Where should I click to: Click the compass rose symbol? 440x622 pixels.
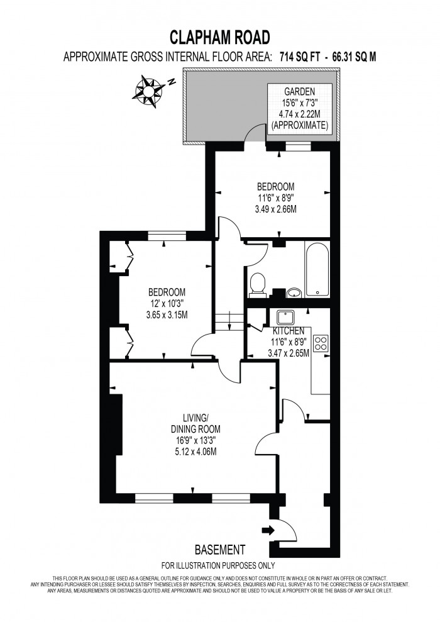[148, 89]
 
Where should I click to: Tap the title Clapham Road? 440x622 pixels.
[219, 36]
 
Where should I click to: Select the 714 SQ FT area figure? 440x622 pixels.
[299, 57]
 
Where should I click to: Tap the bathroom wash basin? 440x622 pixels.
[294, 292]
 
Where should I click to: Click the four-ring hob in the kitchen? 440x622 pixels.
[321, 343]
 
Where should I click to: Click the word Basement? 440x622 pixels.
[219, 549]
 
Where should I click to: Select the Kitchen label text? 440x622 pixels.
[289, 331]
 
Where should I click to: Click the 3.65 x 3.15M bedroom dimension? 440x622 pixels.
[167, 314]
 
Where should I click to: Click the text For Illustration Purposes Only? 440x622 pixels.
[218, 565]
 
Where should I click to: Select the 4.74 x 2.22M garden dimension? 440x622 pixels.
[299, 114]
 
